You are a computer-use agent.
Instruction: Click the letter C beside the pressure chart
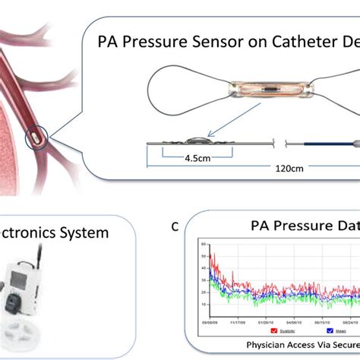point(175,225)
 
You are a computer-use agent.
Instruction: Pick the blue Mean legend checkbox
point(330,330)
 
